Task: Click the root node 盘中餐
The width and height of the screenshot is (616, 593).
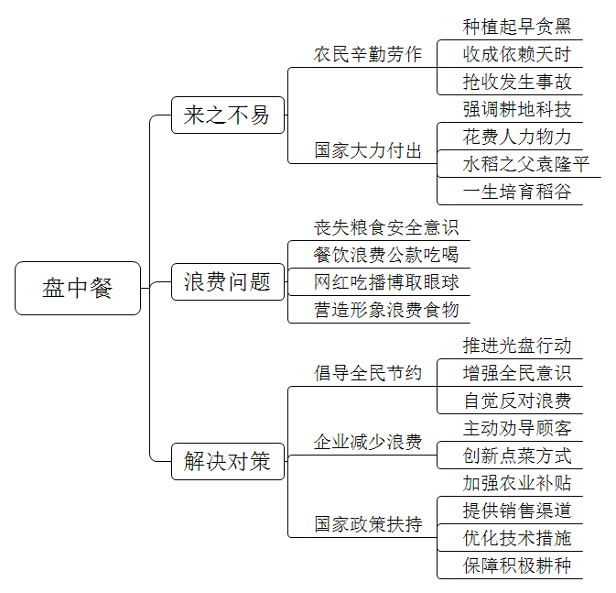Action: (78, 288)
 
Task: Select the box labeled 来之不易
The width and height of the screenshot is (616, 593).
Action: (228, 115)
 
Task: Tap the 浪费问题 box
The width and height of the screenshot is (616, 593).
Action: (228, 281)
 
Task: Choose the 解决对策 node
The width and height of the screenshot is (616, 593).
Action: (228, 461)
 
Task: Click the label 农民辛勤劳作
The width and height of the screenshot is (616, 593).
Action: (368, 54)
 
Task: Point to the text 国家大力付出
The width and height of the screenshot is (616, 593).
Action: (368, 150)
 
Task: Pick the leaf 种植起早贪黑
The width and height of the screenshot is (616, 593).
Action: (517, 27)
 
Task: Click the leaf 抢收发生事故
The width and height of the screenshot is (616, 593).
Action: (517, 82)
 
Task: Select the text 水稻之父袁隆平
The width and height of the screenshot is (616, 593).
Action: (526, 164)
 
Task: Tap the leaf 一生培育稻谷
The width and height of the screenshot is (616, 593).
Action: (517, 192)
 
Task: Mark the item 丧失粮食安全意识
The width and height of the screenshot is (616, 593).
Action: (385, 227)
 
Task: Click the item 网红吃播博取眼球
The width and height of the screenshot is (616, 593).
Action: (385, 282)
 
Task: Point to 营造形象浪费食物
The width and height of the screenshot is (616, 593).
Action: (385, 310)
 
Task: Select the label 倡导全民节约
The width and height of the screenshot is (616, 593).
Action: (368, 373)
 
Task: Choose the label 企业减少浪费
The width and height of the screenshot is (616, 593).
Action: (368, 442)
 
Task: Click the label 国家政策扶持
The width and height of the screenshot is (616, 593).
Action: (368, 524)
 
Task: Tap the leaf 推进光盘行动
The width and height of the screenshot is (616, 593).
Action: (517, 346)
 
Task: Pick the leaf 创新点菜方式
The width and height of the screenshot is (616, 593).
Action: (517, 456)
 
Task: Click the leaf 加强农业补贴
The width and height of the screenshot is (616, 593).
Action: (517, 483)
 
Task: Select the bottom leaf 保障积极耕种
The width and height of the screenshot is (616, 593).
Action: (517, 566)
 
